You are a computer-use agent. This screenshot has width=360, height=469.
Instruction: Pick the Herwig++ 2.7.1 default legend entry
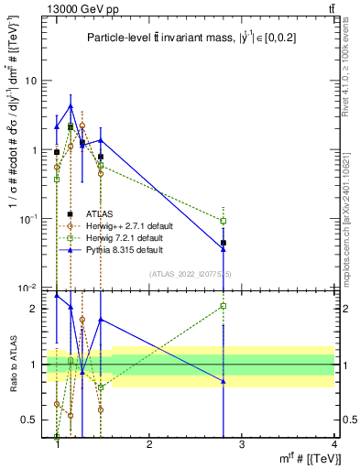click(137, 225)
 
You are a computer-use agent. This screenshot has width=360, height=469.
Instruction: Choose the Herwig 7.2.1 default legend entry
click(135, 237)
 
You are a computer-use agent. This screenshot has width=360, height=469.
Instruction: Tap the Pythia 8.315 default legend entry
click(131, 249)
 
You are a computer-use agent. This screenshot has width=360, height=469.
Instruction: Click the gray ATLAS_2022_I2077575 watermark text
click(191, 274)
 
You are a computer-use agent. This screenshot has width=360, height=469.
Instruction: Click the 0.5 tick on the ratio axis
click(31, 420)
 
